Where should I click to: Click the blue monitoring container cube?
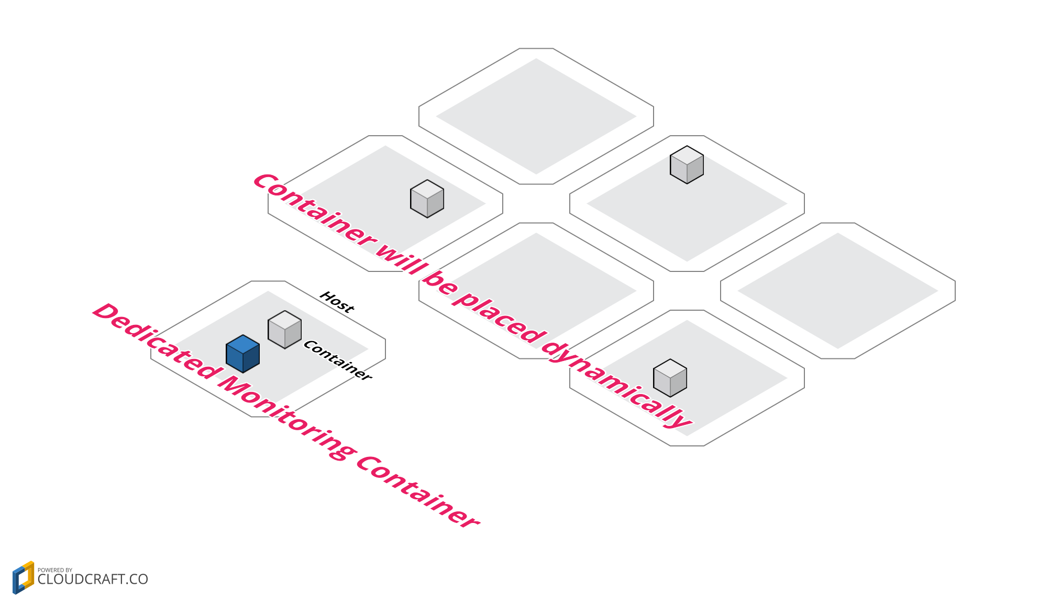[242, 355]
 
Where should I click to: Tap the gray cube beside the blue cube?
[284, 330]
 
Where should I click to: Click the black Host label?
[337, 302]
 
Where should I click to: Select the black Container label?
[338, 360]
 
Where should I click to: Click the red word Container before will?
[314, 210]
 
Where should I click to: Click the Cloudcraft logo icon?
[23, 577]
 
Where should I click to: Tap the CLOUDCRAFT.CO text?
[93, 580]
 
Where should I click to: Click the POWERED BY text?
[55, 570]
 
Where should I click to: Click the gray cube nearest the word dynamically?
[670, 378]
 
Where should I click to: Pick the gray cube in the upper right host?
[687, 165]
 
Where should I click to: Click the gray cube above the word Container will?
[427, 199]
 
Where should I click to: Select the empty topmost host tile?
[536, 116]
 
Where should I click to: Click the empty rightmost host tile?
[837, 291]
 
